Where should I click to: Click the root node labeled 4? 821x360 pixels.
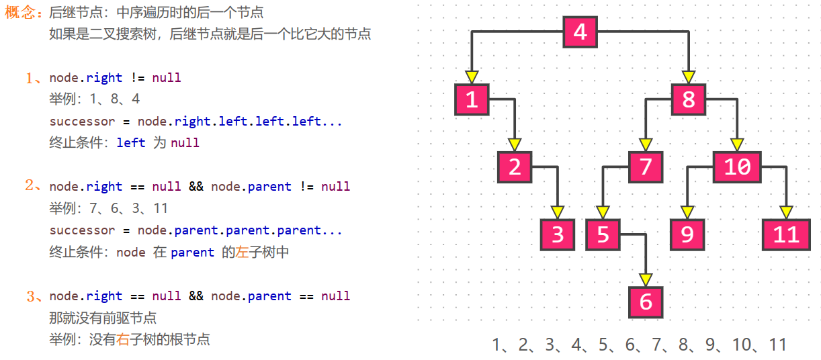click(x=580, y=32)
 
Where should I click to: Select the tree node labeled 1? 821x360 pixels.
click(x=472, y=99)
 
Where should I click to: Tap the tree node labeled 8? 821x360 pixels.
click(x=689, y=99)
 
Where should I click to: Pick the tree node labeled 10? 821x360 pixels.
click(x=737, y=167)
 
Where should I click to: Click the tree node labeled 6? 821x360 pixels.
click(x=646, y=302)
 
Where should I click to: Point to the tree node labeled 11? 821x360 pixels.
click(x=786, y=235)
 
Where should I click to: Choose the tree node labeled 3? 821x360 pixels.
click(x=558, y=235)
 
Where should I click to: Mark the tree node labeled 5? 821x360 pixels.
click(x=603, y=235)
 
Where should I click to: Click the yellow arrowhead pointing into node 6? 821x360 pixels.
click(x=646, y=280)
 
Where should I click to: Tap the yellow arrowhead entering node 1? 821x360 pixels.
click(x=472, y=77)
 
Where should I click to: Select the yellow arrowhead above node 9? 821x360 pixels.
click(x=687, y=212)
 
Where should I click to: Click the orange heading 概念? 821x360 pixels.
click(x=21, y=13)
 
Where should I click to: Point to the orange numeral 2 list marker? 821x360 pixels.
click(x=30, y=185)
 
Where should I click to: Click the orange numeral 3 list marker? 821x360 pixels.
click(x=30, y=296)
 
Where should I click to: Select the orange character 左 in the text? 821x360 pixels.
click(x=242, y=252)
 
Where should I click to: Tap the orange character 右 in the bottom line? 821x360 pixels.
click(x=123, y=339)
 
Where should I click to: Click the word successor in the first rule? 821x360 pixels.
click(x=82, y=121)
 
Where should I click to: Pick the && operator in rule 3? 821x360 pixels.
click(x=196, y=296)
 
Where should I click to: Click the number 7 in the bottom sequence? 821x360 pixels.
click(x=656, y=345)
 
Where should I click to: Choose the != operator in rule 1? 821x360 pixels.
click(x=138, y=78)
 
